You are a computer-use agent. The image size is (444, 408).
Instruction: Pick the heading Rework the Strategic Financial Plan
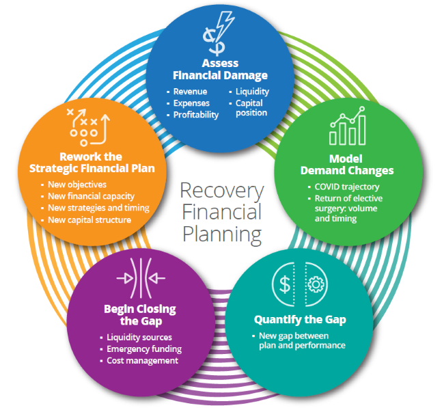click(93, 163)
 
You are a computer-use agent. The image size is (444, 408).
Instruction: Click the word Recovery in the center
click(221, 191)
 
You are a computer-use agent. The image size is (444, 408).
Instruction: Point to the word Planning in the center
click(221, 234)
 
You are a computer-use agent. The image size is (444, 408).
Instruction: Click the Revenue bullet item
click(190, 92)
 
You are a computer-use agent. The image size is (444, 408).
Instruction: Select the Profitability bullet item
click(195, 115)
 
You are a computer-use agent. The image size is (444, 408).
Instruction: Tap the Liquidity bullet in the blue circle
click(252, 92)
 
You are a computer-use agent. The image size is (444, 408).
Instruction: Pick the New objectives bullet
click(78, 185)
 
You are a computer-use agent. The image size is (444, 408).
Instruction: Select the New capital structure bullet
click(89, 220)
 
